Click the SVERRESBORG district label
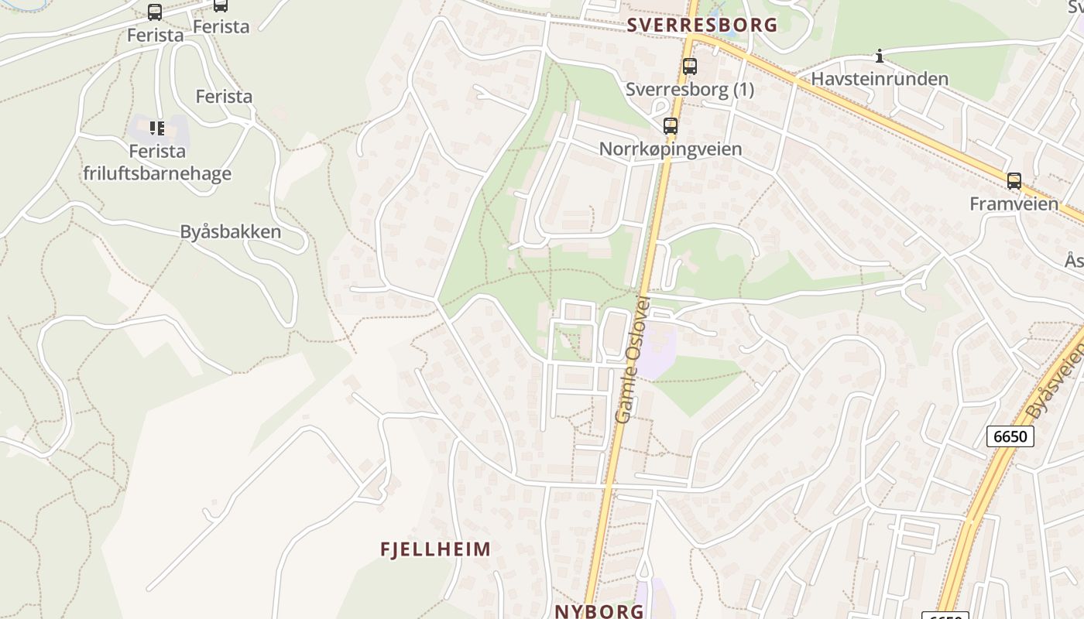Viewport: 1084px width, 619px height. [x=702, y=25]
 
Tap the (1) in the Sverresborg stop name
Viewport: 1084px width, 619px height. [x=741, y=90]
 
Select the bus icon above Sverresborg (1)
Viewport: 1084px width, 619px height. [x=689, y=67]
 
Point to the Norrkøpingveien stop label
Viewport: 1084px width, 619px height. [x=671, y=149]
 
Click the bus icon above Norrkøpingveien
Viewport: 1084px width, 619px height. [x=671, y=125]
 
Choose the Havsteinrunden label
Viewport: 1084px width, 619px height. [x=880, y=79]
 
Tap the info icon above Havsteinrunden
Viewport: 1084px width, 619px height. [x=880, y=56]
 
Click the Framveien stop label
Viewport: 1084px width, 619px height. [x=1014, y=203]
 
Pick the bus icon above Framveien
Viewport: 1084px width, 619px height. [x=1014, y=181]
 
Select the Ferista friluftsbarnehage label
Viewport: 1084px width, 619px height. [x=157, y=162]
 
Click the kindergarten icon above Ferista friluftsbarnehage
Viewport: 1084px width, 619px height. [x=157, y=128]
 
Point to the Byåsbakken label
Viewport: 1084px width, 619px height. [x=230, y=231]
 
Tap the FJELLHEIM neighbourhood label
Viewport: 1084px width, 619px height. [x=435, y=549]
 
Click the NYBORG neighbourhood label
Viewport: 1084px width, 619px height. [x=599, y=610]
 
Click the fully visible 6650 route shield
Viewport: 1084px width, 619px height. [x=1010, y=436]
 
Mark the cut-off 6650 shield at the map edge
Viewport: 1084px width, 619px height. [x=946, y=615]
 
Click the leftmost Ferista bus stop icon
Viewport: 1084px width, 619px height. [x=155, y=12]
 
